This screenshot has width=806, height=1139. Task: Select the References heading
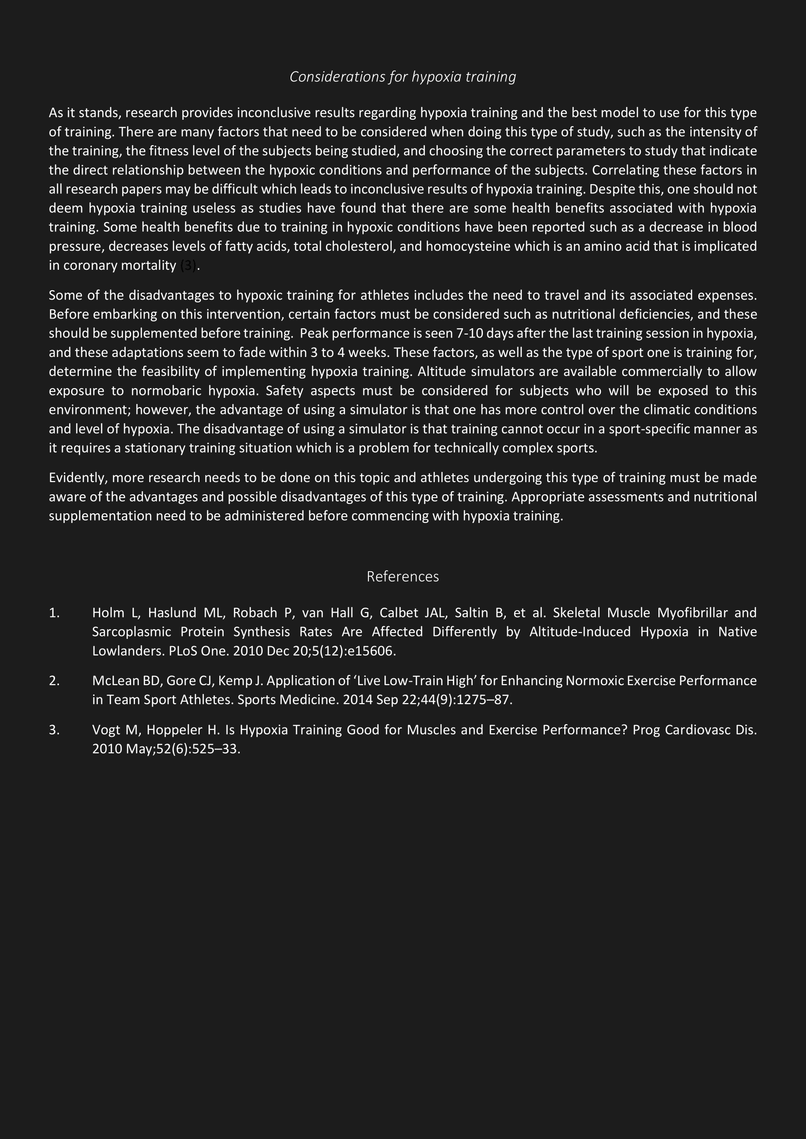tap(403, 577)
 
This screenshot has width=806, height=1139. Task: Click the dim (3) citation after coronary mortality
tap(188, 266)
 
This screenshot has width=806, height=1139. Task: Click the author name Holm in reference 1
tap(108, 613)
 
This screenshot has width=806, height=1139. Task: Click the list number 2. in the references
tap(54, 681)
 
